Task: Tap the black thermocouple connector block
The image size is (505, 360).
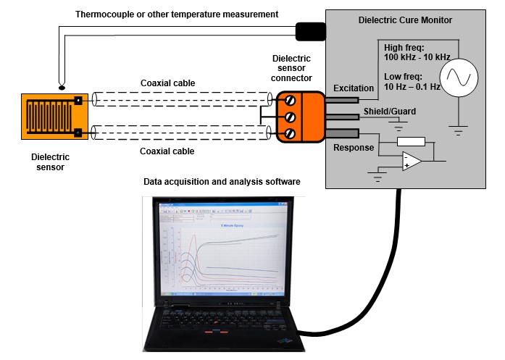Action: pyautogui.click(x=310, y=31)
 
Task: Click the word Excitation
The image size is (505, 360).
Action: pyautogui.click(x=353, y=88)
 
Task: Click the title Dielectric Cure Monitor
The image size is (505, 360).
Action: pyautogui.click(x=405, y=20)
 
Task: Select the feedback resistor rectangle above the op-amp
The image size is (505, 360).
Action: pyautogui.click(x=411, y=142)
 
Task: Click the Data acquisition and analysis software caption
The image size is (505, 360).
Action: pyautogui.click(x=222, y=181)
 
